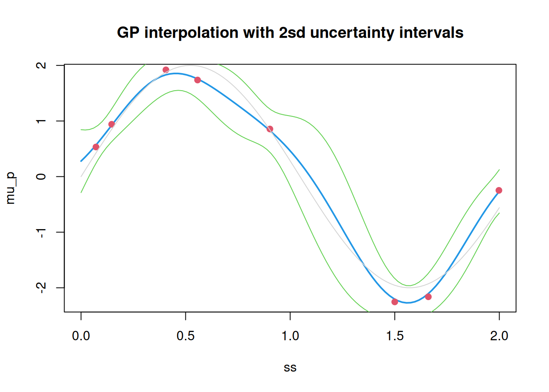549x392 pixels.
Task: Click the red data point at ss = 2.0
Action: point(499,190)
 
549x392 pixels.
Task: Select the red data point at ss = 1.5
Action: point(395,302)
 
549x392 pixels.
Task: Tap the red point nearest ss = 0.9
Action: point(270,129)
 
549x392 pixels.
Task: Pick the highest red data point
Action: point(166,70)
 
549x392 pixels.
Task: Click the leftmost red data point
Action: point(96,147)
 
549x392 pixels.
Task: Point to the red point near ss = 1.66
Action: point(428,297)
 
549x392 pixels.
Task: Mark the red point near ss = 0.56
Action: point(197,80)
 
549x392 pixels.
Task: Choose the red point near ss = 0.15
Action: point(112,124)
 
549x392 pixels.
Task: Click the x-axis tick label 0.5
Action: point(185,336)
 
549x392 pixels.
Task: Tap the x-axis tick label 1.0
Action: point(290,336)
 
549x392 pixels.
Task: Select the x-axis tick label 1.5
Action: point(395,336)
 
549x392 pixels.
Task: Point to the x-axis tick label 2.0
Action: point(499,336)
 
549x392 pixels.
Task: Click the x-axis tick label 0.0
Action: point(81,336)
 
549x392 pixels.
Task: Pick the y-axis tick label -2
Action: point(41,287)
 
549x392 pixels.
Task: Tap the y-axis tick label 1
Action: point(41,121)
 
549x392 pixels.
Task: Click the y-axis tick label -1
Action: point(41,232)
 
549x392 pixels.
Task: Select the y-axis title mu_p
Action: point(10,188)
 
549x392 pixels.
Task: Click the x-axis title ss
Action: point(290,368)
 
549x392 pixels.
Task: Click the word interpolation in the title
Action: point(192,33)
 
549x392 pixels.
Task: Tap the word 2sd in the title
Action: point(292,33)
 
